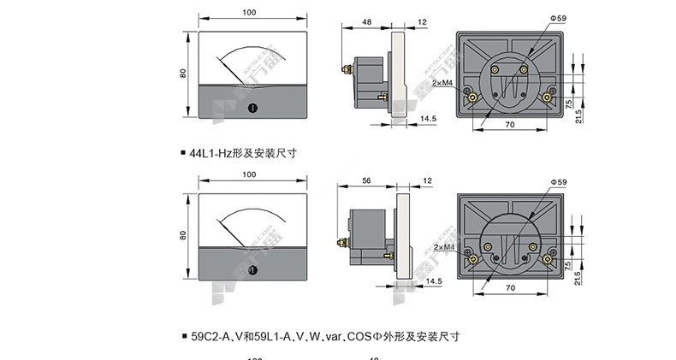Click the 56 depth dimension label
pos(366,181)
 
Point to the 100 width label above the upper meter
pos(249,13)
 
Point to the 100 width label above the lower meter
pos(249,174)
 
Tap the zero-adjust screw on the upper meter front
pos(252,108)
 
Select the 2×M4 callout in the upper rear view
pos(442,83)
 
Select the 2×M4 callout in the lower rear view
pos(442,247)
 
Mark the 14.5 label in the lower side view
pos(434,280)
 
